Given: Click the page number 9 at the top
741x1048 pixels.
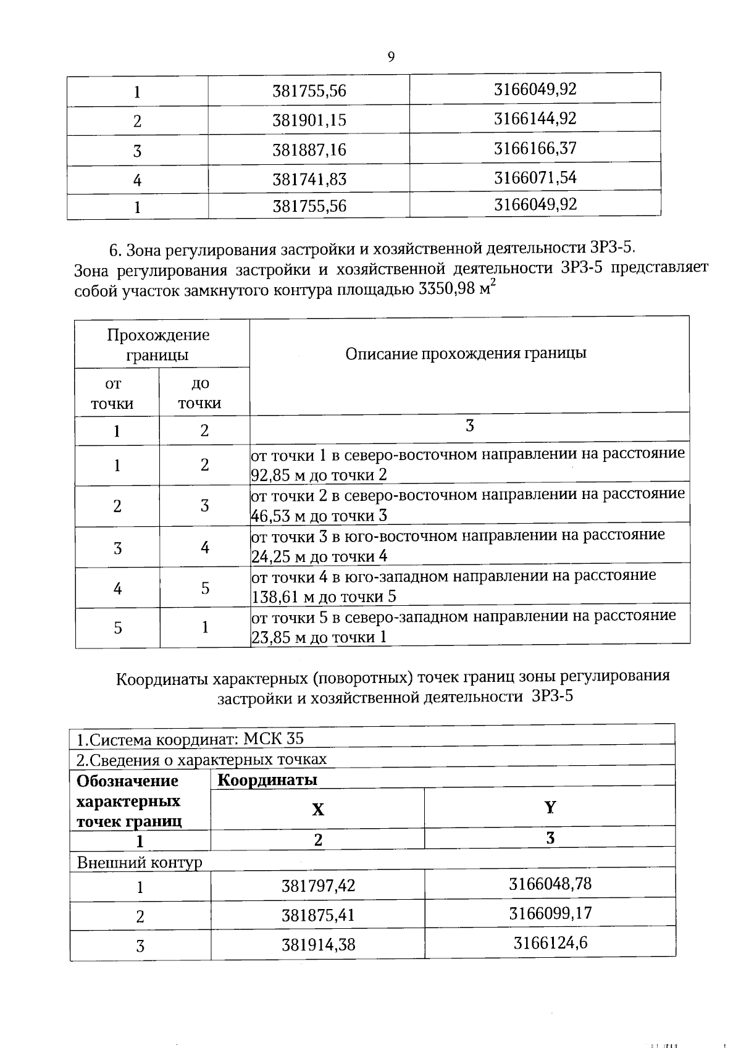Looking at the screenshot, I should pyautogui.click(x=391, y=57).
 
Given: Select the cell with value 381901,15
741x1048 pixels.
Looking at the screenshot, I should pyautogui.click(x=309, y=120).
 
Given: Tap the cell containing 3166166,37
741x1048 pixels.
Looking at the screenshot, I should pyautogui.click(x=535, y=148).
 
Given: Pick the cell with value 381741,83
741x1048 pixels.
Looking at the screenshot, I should pyautogui.click(x=309, y=179).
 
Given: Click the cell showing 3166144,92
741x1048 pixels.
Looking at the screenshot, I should pyautogui.click(x=535, y=118).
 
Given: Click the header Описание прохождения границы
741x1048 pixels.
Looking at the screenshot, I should pyautogui.click(x=466, y=353).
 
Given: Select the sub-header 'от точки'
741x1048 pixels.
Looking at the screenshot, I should pyautogui.click(x=113, y=394).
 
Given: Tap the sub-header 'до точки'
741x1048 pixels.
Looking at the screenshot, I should pyautogui.click(x=200, y=394).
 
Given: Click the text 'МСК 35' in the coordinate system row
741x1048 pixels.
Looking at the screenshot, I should pyautogui.click(x=274, y=739).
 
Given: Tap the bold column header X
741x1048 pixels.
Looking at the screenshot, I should pyautogui.click(x=317, y=810).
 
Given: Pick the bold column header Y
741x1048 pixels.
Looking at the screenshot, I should pyautogui.click(x=550, y=807).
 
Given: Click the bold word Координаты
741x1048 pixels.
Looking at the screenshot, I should pyautogui.click(x=267, y=780).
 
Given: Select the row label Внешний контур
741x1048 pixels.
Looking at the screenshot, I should pyautogui.click(x=140, y=862).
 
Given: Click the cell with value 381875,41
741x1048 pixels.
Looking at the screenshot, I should pyautogui.click(x=318, y=915).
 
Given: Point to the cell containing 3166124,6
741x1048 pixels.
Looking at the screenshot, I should pyautogui.click(x=550, y=943).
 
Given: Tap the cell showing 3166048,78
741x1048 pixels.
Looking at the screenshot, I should pyautogui.click(x=550, y=884).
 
